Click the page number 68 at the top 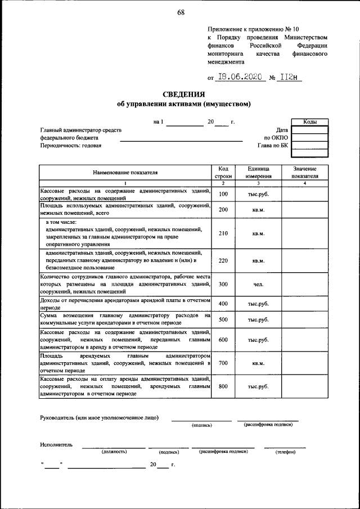pyautogui.click(x=180, y=12)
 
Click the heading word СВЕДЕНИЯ pyautogui.click(x=183, y=94)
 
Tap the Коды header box pyautogui.click(x=310, y=121)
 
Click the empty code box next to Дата pyautogui.click(x=310, y=129)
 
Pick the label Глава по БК pyautogui.click(x=273, y=145)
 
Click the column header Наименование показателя pyautogui.click(x=125, y=172)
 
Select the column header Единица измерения pyautogui.click(x=258, y=172)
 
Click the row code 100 pyautogui.click(x=223, y=194)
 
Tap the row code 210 pyautogui.click(x=223, y=233)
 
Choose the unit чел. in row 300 pyautogui.click(x=258, y=285)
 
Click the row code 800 pyautogui.click(x=223, y=386)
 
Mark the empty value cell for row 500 pyautogui.click(x=305, y=319)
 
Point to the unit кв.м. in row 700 pyautogui.click(x=258, y=363)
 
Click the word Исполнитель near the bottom pyautogui.click(x=56, y=444)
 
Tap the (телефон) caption pyautogui.click(x=285, y=452)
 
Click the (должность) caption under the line pyautogui.click(x=114, y=452)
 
